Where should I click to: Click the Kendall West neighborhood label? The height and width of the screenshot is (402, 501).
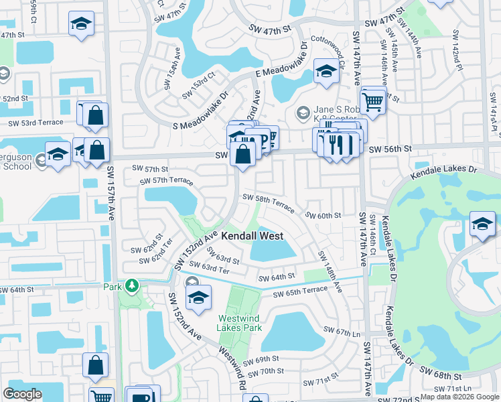pyautogui.click(x=253, y=237)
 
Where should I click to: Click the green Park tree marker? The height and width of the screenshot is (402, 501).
pyautogui.click(x=133, y=286)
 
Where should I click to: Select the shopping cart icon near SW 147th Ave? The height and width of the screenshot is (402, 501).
pyautogui.click(x=374, y=100)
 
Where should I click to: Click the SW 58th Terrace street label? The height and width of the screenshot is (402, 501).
pyautogui.click(x=268, y=202)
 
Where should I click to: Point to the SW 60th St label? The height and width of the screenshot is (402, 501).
pyautogui.click(x=324, y=216)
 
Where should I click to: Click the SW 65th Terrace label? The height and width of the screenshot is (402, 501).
pyautogui.click(x=300, y=291)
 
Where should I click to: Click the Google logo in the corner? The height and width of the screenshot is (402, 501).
pyautogui.click(x=23, y=393)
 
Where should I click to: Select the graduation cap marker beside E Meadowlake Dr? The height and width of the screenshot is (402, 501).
pyautogui.click(x=326, y=72)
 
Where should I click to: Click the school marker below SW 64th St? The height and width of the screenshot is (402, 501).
pyautogui.click(x=198, y=298)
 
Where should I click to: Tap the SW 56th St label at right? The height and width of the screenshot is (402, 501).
pyautogui.click(x=390, y=149)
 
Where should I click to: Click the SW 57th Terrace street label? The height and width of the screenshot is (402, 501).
pyautogui.click(x=166, y=182)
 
